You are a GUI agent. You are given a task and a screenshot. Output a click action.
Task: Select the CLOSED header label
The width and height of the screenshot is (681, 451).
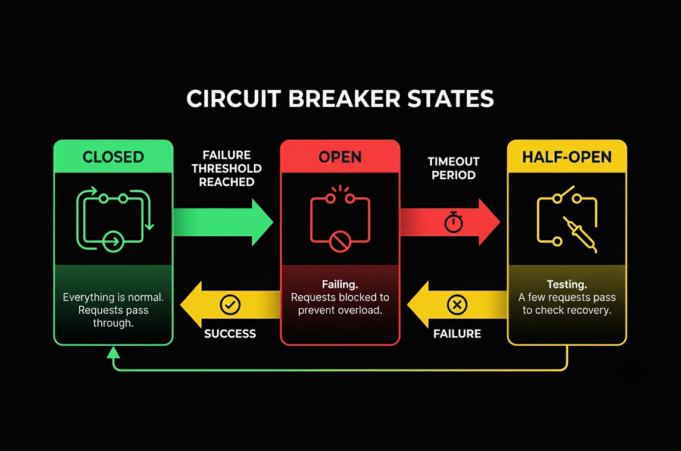click(x=113, y=157)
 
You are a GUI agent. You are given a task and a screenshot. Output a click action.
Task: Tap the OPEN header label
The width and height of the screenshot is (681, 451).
click(x=340, y=157)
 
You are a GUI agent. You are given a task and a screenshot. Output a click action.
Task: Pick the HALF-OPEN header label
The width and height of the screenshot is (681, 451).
click(x=567, y=157)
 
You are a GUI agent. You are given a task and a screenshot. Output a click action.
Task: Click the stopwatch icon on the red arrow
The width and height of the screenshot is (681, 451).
click(x=454, y=223)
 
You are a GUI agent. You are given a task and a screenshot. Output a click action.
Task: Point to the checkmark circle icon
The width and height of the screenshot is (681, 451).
click(x=230, y=304)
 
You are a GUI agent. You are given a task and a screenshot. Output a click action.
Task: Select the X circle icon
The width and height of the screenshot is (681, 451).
click(x=457, y=304)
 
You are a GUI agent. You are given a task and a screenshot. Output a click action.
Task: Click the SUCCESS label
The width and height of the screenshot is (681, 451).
click(x=230, y=334)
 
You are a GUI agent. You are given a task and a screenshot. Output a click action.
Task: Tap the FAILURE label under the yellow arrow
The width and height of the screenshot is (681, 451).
click(x=457, y=334)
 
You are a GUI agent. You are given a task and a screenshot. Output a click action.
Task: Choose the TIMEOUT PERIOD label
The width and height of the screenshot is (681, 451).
click(x=454, y=168)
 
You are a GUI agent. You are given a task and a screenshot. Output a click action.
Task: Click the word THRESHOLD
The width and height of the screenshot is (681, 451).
click(x=227, y=168)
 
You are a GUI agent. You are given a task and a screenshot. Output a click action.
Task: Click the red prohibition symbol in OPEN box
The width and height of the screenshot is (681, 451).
click(x=340, y=242)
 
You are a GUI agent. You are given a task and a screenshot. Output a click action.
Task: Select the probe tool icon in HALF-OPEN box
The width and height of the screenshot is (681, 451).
click(x=580, y=234)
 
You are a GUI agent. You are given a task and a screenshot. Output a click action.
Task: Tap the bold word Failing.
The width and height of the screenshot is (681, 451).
click(x=340, y=284)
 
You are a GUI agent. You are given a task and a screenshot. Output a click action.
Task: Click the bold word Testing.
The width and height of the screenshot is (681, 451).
click(x=567, y=285)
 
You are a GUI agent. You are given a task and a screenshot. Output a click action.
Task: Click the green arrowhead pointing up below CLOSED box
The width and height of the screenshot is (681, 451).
click(x=113, y=352)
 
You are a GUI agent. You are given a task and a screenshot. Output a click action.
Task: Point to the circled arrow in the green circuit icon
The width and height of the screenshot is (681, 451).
click(x=113, y=242)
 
